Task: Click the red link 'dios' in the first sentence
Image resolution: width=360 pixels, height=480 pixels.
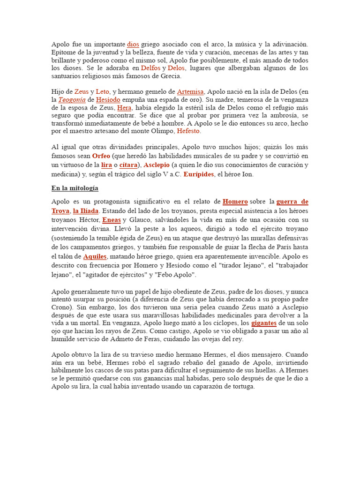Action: click(x=133, y=44)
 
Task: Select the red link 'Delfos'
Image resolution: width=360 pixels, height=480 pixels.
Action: click(x=150, y=68)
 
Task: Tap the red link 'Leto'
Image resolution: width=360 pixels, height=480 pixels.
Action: click(x=102, y=91)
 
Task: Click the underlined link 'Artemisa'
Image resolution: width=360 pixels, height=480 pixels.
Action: click(x=190, y=91)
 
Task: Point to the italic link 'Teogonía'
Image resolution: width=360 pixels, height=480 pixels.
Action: click(x=72, y=99)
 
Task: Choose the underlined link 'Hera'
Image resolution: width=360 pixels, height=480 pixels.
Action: click(x=124, y=107)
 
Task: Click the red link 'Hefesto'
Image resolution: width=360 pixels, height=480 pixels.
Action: click(x=188, y=131)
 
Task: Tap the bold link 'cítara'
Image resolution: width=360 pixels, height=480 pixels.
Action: click(x=128, y=165)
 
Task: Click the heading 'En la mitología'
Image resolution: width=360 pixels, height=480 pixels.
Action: click(x=75, y=188)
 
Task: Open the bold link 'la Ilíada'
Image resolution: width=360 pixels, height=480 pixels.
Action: click(x=86, y=211)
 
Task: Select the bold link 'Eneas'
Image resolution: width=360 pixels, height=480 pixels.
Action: click(x=112, y=219)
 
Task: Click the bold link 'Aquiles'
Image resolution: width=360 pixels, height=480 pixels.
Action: click(x=95, y=256)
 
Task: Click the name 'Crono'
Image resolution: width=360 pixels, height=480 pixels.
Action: click(x=61, y=307)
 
